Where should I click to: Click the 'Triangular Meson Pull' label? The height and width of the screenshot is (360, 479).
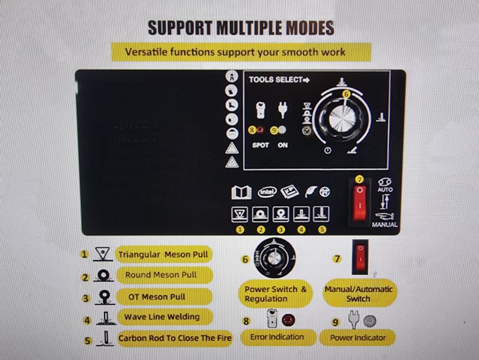click(x=163, y=255)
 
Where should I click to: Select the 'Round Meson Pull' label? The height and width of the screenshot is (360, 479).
click(x=161, y=275)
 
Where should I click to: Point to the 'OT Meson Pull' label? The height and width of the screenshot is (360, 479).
click(x=157, y=297)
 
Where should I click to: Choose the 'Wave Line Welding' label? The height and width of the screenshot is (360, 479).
click(x=162, y=317)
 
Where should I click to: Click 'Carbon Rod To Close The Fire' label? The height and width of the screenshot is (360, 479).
click(x=175, y=338)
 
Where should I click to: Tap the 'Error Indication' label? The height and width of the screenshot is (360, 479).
click(x=277, y=337)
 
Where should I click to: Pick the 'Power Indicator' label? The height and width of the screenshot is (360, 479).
click(x=358, y=338)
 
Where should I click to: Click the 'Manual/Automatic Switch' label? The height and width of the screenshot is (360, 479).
click(x=359, y=294)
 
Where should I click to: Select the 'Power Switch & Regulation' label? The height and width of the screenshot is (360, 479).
click(x=275, y=294)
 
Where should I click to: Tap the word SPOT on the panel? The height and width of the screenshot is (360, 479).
click(x=260, y=145)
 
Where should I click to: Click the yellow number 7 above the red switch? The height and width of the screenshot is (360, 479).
click(x=360, y=179)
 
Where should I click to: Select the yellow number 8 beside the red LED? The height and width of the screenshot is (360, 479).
click(x=252, y=130)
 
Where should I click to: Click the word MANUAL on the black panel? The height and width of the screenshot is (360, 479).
click(x=385, y=224)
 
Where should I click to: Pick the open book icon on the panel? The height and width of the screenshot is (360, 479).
click(x=241, y=193)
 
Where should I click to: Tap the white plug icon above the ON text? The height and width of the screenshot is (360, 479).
click(x=283, y=110)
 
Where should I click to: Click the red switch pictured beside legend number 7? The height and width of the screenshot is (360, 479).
click(x=360, y=256)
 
